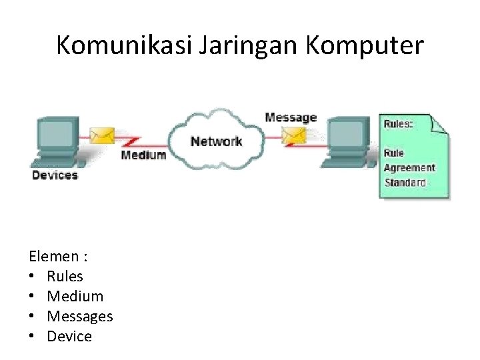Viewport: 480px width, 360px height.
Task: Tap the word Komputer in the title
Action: [364, 45]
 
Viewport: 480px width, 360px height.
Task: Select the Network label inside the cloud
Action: [216, 141]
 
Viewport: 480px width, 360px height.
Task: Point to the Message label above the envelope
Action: [291, 118]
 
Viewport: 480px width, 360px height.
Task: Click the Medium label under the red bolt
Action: [143, 155]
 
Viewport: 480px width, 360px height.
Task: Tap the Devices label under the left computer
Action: [55, 175]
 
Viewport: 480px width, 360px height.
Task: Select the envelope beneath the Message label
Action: [293, 135]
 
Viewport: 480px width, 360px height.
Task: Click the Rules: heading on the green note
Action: [399, 124]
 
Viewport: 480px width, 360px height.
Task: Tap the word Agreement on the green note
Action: [409, 168]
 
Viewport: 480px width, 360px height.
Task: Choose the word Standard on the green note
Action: [405, 182]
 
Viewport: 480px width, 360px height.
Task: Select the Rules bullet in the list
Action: [65, 276]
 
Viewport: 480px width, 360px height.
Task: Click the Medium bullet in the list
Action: [75, 296]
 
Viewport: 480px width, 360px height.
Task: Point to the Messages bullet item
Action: [79, 316]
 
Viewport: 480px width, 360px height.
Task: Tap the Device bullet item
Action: [69, 336]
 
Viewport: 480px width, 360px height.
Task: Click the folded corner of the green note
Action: [441, 124]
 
